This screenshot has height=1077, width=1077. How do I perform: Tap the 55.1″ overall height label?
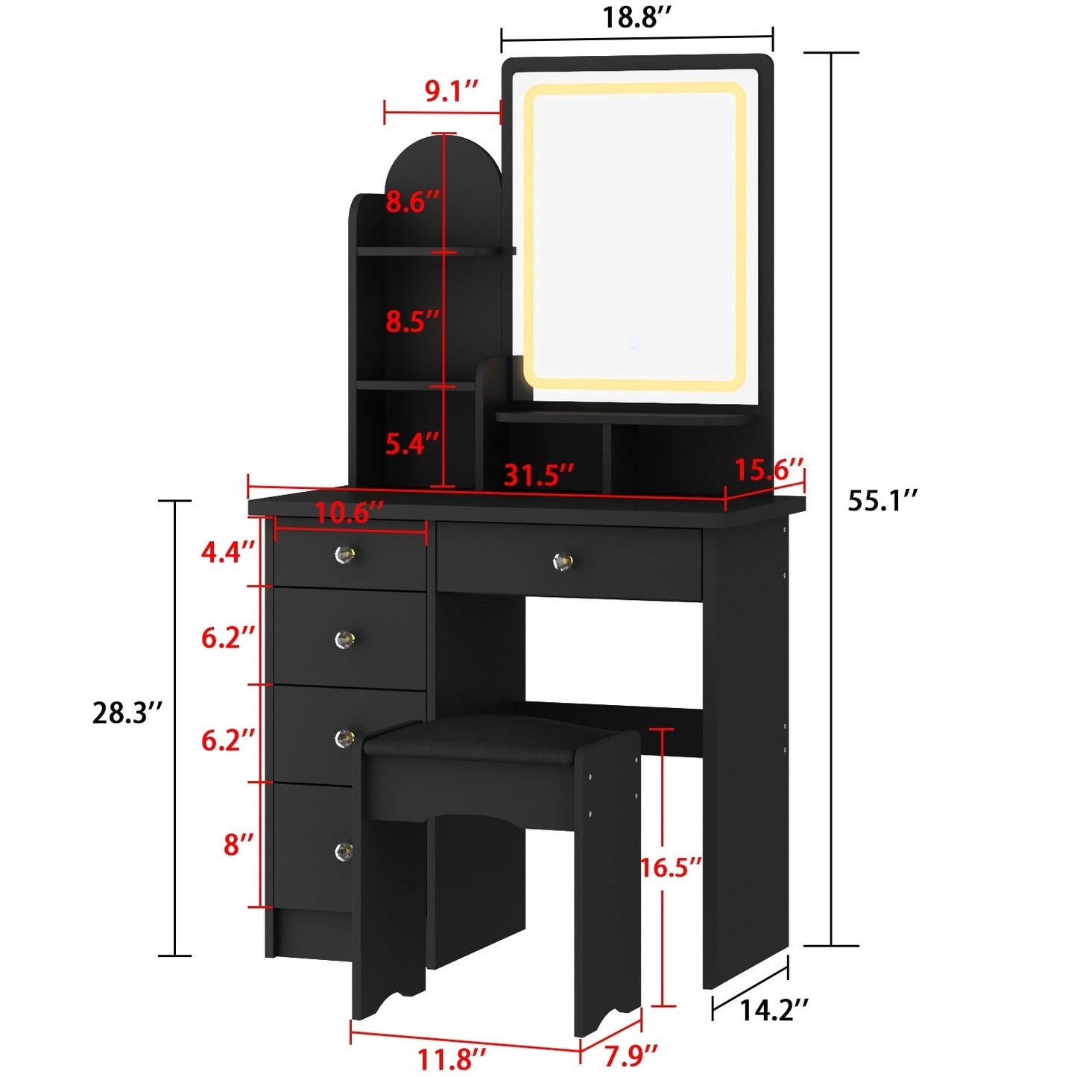pos(882,501)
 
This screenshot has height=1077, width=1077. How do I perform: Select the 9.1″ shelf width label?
pos(451,91)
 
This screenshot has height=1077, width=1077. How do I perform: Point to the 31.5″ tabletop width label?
pos(539,475)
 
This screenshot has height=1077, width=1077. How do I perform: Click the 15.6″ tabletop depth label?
pos(768,470)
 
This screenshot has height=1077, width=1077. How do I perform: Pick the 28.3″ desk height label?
pos(127,713)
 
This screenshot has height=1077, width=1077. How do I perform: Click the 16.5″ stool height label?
pos(671,867)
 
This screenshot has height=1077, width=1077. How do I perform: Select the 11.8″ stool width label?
pos(452,1058)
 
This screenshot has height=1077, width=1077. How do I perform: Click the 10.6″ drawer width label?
pos(349,513)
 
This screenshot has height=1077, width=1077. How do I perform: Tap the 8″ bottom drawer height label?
pos(239,844)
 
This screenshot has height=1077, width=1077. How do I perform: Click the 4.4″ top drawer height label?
pos(229,552)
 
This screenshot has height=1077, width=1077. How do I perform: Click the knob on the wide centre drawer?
pos(563,561)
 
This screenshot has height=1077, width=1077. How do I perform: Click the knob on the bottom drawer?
pos(344,850)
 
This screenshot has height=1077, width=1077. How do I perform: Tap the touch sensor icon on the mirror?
pos(634,344)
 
